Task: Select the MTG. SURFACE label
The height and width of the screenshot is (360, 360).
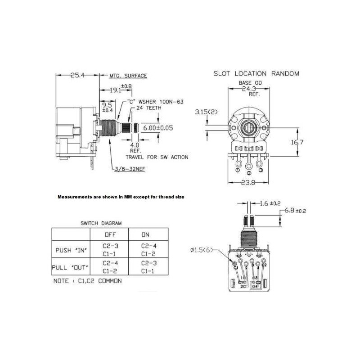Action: click(128, 76)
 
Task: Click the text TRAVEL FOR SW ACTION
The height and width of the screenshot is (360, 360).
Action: click(157, 157)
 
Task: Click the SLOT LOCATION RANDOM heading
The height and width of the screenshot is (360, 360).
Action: click(256, 73)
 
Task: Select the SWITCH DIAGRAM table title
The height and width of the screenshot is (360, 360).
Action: click(101, 223)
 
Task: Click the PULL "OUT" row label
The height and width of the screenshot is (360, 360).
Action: click(71, 267)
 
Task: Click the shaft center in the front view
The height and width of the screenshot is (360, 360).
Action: click(249, 128)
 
